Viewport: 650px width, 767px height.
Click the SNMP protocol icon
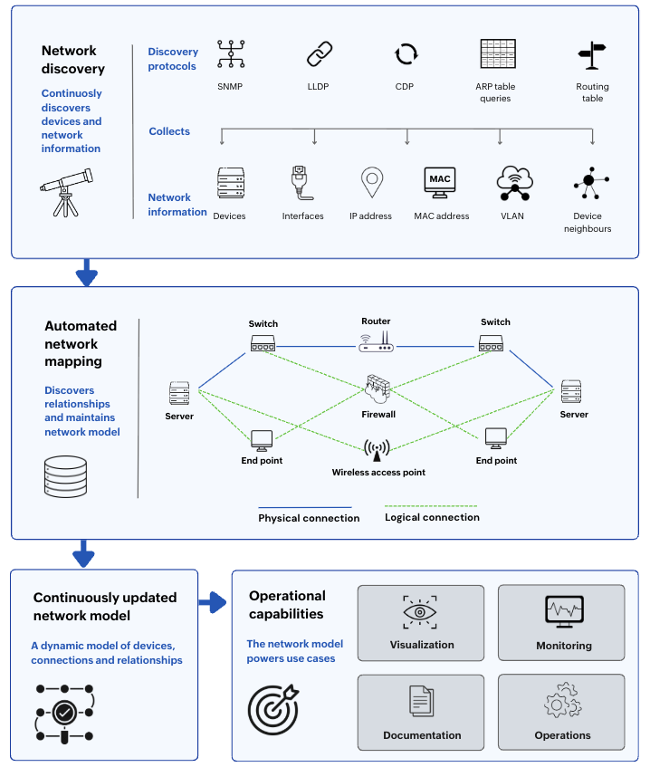click(x=231, y=53)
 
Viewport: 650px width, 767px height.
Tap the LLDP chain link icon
click(x=320, y=53)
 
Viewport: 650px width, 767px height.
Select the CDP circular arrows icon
click(x=406, y=53)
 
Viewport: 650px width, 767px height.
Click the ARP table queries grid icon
click(x=498, y=53)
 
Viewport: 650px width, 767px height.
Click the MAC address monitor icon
click(x=440, y=182)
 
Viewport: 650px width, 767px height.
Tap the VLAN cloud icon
click(x=514, y=183)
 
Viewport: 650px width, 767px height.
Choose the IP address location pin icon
click(x=372, y=182)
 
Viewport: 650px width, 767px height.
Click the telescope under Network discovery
click(x=66, y=192)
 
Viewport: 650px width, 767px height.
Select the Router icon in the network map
click(x=376, y=341)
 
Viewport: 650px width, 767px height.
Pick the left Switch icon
click(x=263, y=343)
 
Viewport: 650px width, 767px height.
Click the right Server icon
click(x=571, y=391)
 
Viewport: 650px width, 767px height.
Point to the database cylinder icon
click(x=65, y=476)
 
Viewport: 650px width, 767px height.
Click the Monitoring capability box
click(x=561, y=623)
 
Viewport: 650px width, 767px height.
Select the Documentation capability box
click(x=421, y=712)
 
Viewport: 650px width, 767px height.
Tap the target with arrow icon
click(x=272, y=709)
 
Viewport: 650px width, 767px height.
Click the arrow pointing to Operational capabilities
click(x=213, y=602)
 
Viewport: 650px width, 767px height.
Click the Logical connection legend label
click(x=432, y=517)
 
